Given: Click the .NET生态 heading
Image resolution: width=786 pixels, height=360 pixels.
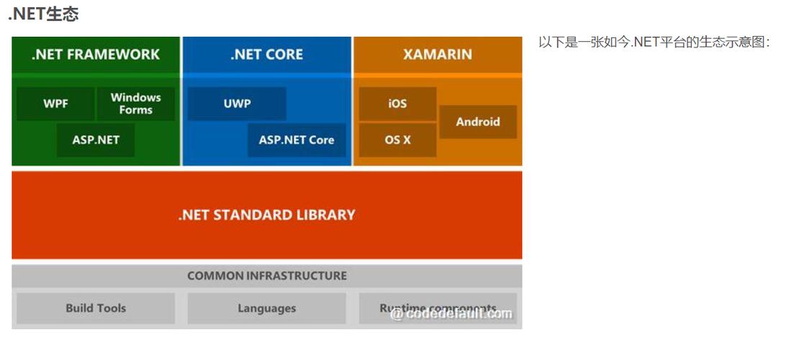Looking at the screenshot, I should [43, 13].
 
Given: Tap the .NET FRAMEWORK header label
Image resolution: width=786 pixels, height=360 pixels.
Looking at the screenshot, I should [96, 55].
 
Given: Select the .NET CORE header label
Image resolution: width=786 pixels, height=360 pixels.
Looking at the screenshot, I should [266, 55].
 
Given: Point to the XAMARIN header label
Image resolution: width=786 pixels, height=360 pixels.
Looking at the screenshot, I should [438, 55].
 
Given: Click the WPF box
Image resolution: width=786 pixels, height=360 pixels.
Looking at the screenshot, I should [55, 104].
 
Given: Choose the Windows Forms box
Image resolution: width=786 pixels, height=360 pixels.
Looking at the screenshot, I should [136, 104].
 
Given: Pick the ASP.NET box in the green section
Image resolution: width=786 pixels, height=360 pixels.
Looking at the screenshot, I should [96, 140].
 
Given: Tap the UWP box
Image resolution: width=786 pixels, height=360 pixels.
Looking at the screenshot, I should [237, 104].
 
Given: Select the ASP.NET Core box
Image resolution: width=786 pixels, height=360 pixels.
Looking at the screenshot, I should [297, 140].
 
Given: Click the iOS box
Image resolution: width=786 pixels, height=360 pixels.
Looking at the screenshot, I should [397, 104].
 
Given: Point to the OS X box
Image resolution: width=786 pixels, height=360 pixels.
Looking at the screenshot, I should [397, 140].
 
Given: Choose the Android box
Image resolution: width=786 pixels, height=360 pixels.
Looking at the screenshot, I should [478, 122].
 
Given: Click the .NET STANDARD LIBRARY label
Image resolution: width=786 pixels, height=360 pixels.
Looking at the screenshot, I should [266, 215].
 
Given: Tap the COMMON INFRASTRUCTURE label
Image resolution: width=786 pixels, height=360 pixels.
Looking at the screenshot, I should [266, 276].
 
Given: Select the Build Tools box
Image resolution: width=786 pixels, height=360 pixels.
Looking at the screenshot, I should [96, 308].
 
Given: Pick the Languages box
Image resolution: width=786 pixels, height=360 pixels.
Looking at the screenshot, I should [266, 308].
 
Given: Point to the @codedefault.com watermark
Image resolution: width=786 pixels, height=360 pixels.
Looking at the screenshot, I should [451, 314].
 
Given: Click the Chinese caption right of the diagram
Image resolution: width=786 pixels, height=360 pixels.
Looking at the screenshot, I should [654, 42].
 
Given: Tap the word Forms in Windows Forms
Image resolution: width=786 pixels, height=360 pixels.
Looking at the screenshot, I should [136, 110].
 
